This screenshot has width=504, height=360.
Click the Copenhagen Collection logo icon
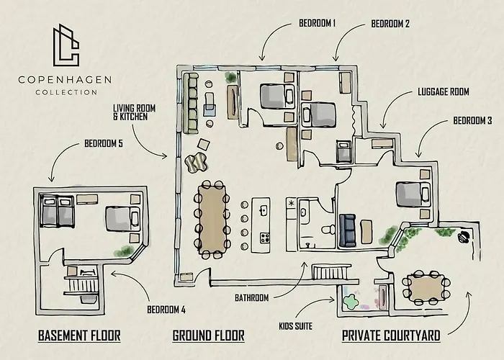coord(66,45)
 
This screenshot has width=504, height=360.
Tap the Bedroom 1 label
coord(318,23)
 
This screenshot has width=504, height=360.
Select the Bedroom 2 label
coord(390,24)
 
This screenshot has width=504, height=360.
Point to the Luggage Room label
coord(444,91)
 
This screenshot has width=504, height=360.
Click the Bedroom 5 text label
coord(104,143)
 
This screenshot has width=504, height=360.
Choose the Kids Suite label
coord(295,326)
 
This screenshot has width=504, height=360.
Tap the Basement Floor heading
coord(79,336)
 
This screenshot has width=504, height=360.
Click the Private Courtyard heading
coord(391,336)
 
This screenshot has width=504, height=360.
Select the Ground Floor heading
coord(208,336)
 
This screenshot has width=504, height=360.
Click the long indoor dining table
coord(212,220)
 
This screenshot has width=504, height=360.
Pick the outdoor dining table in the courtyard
coord(426,287)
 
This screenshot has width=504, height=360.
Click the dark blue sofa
coord(348,230)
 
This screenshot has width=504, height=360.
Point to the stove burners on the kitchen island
coord(265,238)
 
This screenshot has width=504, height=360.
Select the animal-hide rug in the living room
coord(196,163)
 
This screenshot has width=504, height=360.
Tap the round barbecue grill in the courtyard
coord(464,237)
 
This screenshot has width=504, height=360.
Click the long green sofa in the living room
coord(190,102)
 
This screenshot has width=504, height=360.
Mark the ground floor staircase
coord(331,272)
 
